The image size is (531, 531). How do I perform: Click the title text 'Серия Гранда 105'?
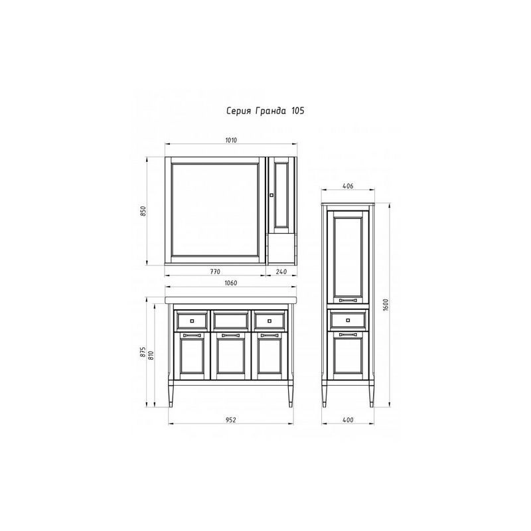point(265,111)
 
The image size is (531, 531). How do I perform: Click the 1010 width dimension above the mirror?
point(231,140)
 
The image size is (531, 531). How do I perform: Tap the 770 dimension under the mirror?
point(215,271)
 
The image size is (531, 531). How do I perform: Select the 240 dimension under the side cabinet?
point(281,271)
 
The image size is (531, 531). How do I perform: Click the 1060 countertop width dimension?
point(231,283)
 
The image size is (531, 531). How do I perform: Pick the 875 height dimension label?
point(143,352)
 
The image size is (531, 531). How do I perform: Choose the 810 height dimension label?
point(151,355)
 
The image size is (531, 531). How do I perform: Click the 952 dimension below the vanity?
point(230,420)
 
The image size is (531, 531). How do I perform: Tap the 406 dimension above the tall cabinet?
point(348,186)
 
